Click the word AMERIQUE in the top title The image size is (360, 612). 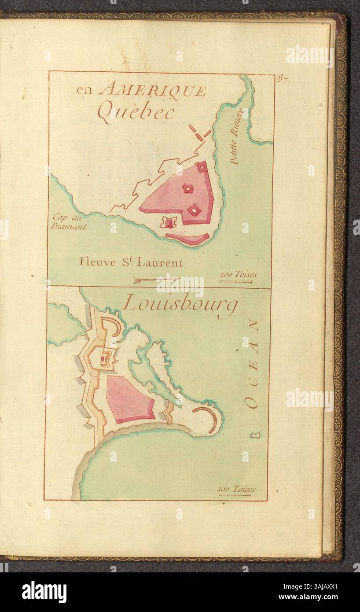[152, 90]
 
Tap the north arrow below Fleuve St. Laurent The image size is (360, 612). [156, 279]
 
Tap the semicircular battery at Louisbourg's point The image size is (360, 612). [209, 418]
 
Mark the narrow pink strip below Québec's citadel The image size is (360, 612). [187, 239]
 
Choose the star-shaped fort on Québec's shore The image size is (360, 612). [169, 223]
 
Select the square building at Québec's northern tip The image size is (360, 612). [202, 167]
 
